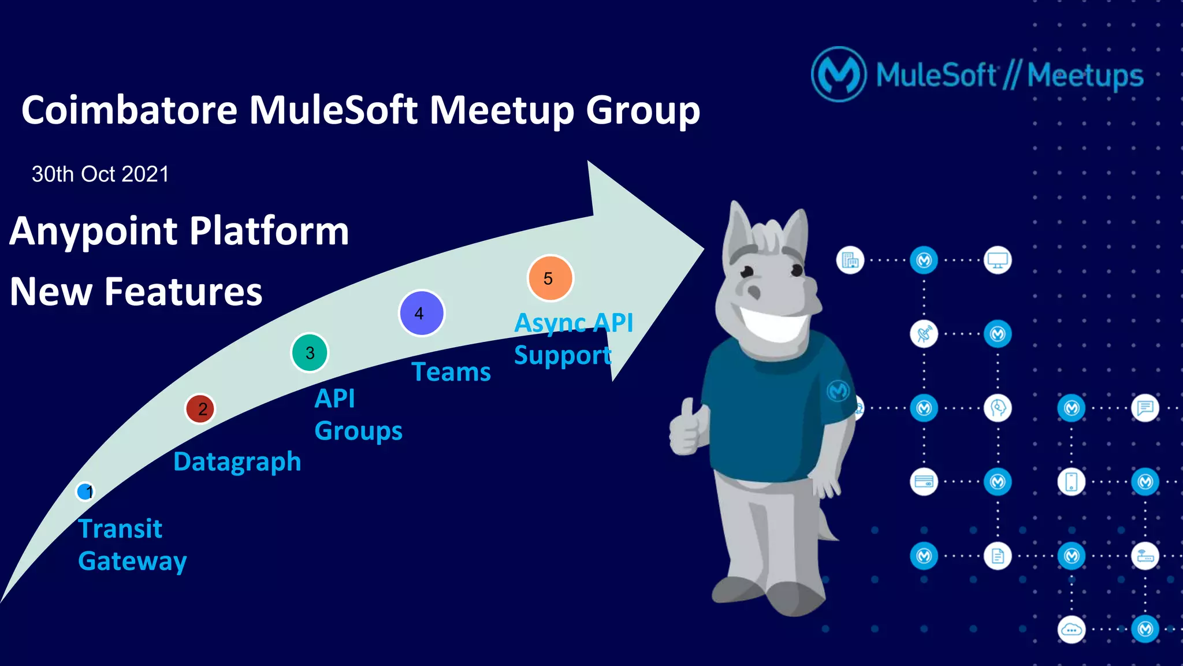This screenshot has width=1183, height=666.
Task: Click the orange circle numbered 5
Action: point(550,278)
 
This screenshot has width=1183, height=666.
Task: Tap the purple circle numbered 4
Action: point(422,313)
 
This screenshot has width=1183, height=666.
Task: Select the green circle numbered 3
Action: point(310,352)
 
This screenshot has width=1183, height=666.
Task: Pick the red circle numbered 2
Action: point(200,409)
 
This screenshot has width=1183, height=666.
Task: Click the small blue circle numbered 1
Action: point(85,492)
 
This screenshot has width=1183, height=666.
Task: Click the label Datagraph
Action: point(237,462)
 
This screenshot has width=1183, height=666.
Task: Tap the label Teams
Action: point(451,371)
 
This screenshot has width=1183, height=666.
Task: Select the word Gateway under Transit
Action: point(132,561)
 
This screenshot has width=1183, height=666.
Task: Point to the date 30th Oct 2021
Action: point(100,174)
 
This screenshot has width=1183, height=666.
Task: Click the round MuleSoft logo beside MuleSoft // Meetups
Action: point(839,75)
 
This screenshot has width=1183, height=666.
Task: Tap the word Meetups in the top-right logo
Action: point(1085,76)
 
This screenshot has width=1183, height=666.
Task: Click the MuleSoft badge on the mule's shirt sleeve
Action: point(837,391)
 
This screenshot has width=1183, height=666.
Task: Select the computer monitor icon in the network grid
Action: point(998,260)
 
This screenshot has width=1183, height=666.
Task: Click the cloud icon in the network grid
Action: point(1071,630)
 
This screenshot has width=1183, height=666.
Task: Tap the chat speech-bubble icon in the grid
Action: point(1145,408)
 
